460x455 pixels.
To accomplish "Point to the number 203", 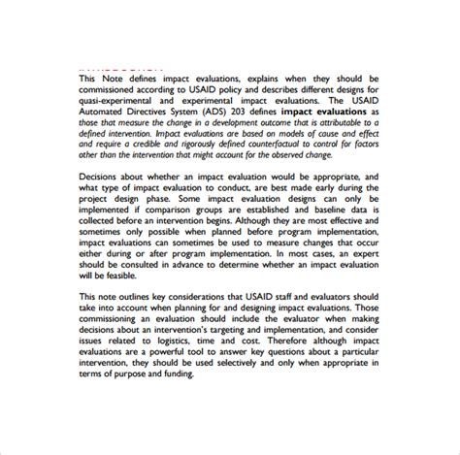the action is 260,113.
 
